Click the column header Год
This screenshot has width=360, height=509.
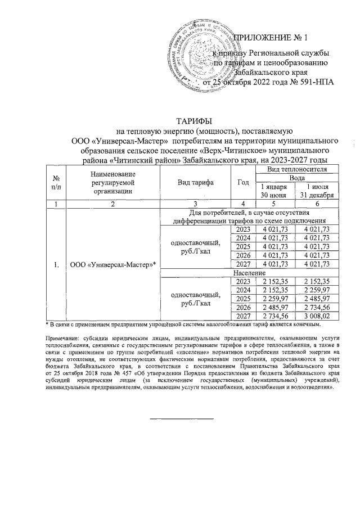click(243, 183)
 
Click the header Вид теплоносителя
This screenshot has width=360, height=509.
click(296, 169)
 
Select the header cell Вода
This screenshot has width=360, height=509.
click(296, 177)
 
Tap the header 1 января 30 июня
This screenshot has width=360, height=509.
click(275, 191)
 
